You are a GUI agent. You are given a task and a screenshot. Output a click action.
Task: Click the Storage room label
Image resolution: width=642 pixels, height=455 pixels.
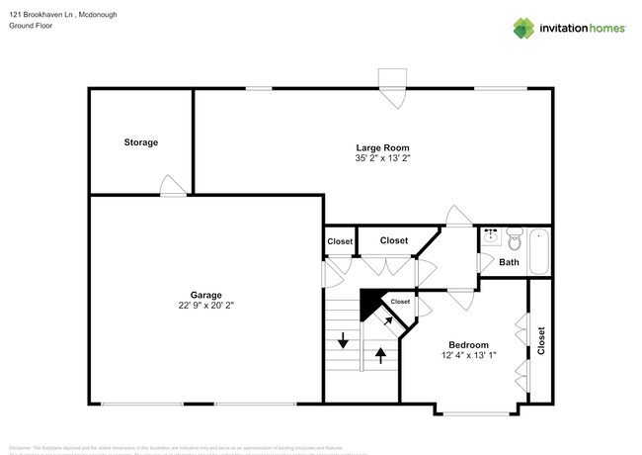click(140, 142)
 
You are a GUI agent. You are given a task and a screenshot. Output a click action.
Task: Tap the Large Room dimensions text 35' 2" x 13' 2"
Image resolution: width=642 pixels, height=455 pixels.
click(382, 158)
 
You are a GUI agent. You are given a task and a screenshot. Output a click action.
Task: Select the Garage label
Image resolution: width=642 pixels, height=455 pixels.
click(206, 295)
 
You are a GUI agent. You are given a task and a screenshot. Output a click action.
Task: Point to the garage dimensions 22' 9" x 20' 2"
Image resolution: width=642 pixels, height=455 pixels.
click(206, 307)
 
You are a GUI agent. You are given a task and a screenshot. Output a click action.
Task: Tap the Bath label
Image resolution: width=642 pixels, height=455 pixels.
click(509, 263)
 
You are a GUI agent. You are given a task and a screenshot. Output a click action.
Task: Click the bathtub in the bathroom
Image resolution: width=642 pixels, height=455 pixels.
click(539, 252)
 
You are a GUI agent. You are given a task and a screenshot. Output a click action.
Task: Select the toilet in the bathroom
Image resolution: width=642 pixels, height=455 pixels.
click(513, 238)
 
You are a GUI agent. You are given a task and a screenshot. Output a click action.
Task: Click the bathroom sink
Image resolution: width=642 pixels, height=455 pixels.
click(490, 237)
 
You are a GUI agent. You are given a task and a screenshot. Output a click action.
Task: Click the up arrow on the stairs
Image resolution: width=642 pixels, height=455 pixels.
click(381, 354)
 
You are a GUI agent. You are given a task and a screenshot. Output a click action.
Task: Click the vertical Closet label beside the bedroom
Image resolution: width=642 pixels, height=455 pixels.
click(540, 340)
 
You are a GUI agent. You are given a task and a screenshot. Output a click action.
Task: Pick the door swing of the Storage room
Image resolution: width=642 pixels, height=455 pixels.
click(172, 186)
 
